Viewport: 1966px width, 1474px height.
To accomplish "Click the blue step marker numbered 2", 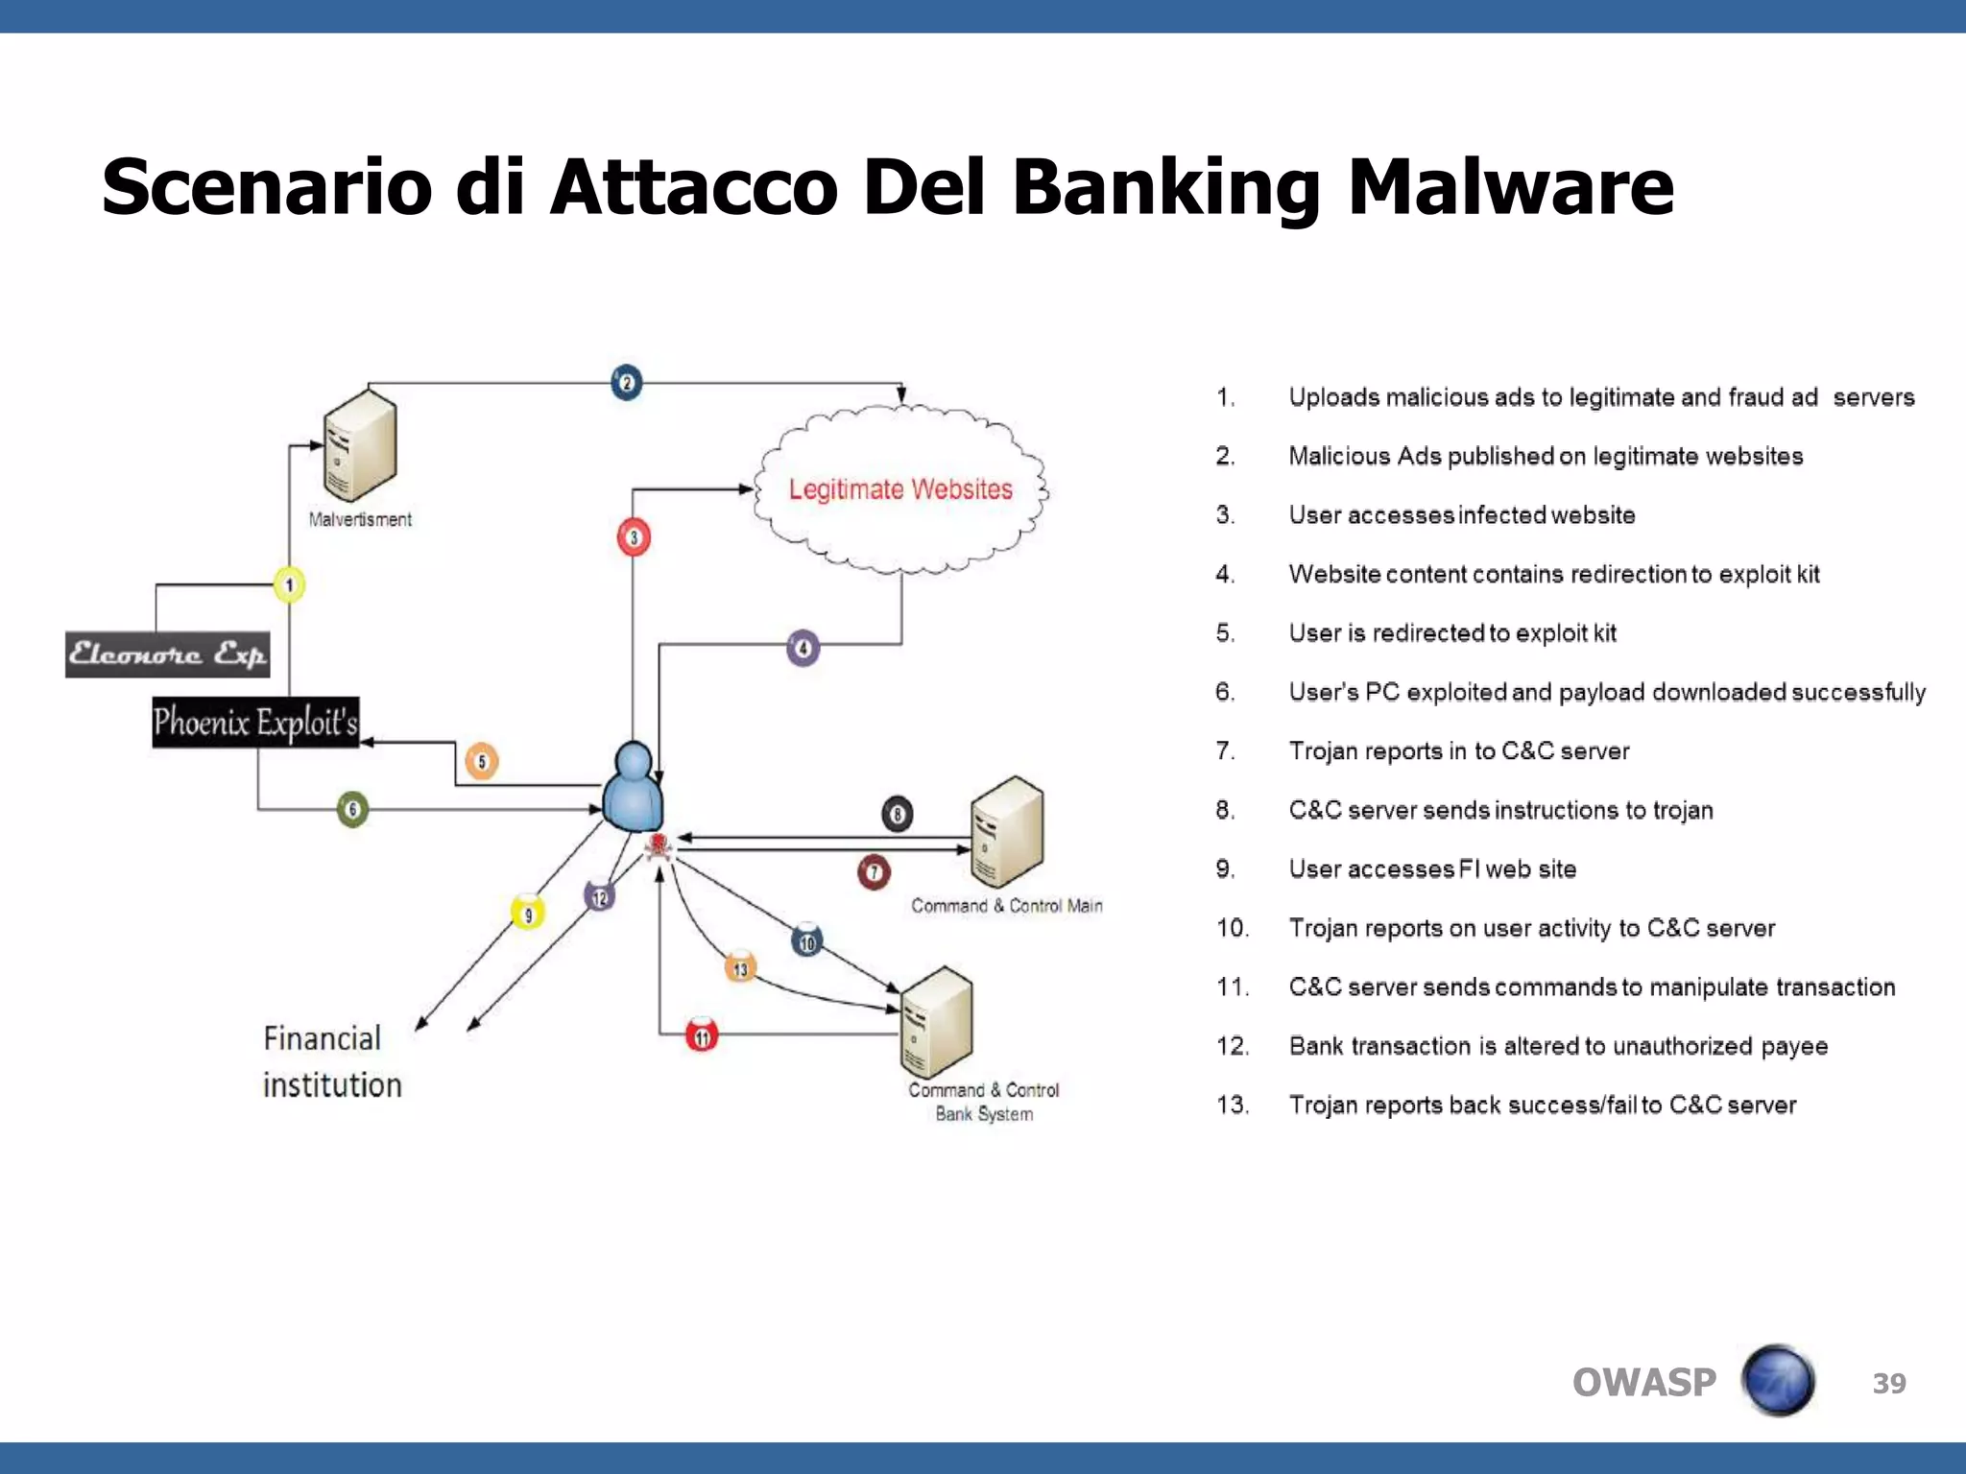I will point(626,383).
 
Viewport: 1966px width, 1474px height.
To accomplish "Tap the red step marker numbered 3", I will point(634,537).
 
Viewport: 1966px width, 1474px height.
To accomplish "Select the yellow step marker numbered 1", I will point(289,584).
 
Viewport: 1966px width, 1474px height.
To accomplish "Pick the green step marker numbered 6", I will point(352,809).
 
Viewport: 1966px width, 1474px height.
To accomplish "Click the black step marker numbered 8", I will point(897,815).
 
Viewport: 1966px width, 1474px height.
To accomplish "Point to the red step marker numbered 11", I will point(702,1035).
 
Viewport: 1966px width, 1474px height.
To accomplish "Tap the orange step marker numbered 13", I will point(740,968).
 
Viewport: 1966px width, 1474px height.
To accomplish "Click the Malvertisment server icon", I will point(360,446).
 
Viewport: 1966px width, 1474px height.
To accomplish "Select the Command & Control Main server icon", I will point(1006,832).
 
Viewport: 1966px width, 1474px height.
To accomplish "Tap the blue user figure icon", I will point(633,789).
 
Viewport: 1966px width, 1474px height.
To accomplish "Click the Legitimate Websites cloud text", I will point(900,489).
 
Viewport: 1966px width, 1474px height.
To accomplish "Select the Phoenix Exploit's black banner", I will point(255,723).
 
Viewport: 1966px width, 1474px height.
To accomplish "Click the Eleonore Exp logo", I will point(167,654).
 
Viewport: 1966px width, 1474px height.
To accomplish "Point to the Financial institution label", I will point(332,1061).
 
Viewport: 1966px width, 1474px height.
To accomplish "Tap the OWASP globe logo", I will point(1778,1381).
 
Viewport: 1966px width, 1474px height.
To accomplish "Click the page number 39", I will point(1888,1383).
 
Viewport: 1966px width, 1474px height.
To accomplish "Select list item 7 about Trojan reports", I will point(1457,750).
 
